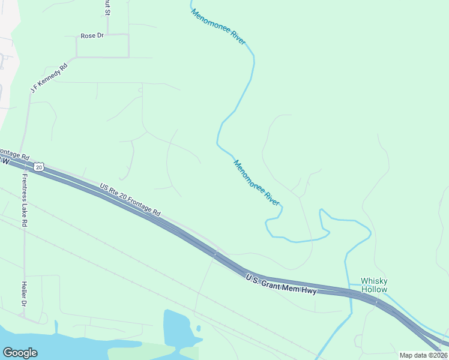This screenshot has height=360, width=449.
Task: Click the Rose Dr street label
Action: point(92,36)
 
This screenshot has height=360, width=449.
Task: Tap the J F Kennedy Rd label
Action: point(49,76)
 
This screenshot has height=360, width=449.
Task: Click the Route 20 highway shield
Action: point(38,167)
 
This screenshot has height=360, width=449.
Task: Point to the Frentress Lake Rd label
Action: point(25,200)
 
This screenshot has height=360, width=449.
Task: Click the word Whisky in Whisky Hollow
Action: point(374,281)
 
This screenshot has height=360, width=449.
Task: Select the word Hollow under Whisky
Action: point(374,289)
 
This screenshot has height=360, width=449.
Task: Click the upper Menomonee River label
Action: point(218,26)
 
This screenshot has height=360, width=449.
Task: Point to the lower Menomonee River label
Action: point(256,183)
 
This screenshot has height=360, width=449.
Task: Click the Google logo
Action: point(20,353)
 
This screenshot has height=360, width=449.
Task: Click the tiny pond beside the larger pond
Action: point(198,328)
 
